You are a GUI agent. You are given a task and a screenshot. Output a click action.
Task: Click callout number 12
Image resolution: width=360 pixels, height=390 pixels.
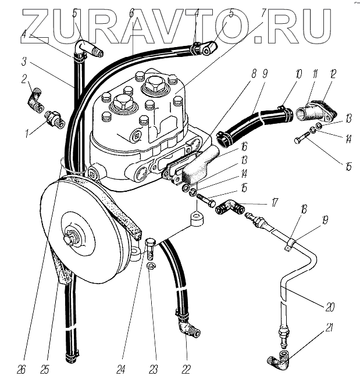click(333, 74)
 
